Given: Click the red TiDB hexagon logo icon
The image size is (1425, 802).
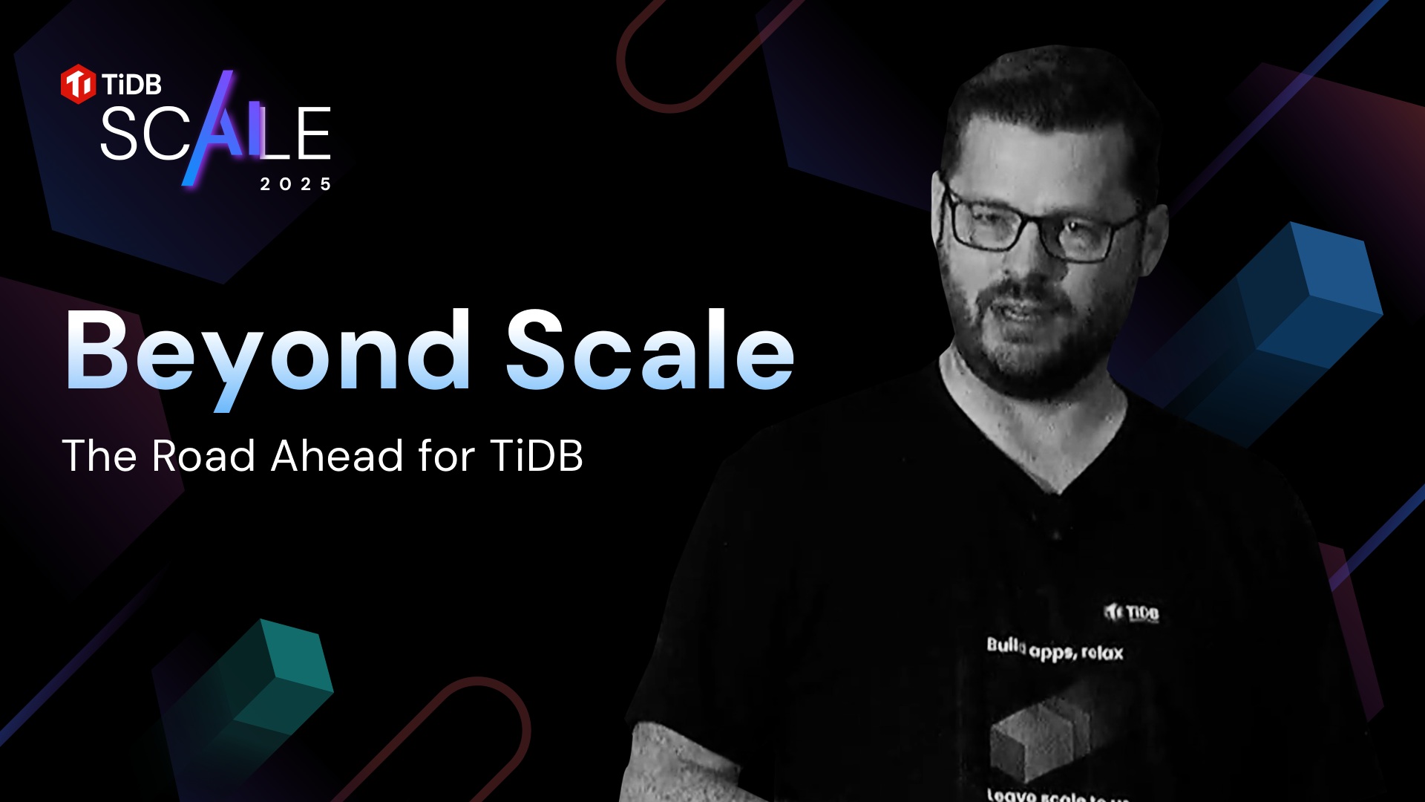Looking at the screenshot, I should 78,84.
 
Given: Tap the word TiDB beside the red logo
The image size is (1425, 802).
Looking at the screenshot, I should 132,85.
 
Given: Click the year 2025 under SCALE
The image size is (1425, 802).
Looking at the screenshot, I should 295,184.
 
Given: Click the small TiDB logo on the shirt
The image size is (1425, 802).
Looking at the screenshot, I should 1131,613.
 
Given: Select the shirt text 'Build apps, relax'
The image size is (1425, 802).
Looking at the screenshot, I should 1055,649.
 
